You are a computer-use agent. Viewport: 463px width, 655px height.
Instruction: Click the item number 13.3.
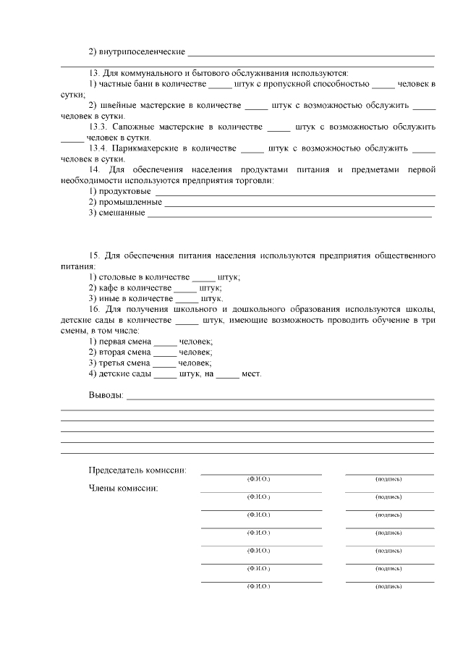coord(99,127)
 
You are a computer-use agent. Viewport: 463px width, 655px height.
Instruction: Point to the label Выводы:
coord(106,396)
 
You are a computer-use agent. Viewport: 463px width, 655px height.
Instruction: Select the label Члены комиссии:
coord(123,488)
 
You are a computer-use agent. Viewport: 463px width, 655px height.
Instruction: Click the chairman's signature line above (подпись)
coord(389,473)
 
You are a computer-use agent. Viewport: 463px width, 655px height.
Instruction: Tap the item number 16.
coord(95,309)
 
